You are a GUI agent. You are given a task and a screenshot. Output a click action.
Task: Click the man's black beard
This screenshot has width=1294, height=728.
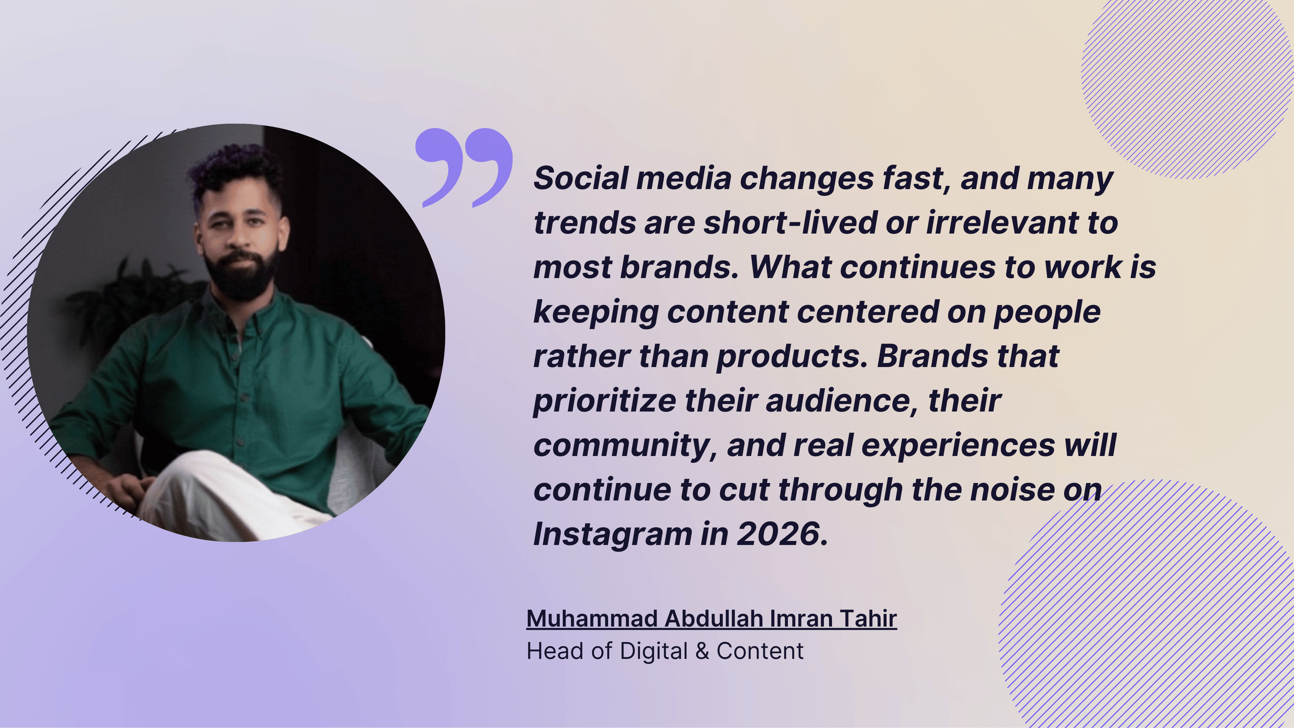[x=241, y=274]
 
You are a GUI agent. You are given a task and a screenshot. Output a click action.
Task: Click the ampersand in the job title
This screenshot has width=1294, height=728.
[x=703, y=651]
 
